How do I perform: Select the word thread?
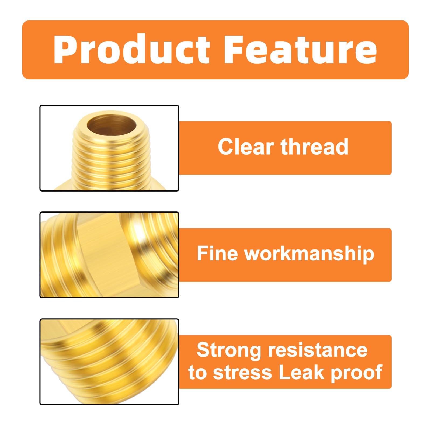314,147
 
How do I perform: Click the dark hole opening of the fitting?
111,126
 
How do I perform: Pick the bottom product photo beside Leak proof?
109,362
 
